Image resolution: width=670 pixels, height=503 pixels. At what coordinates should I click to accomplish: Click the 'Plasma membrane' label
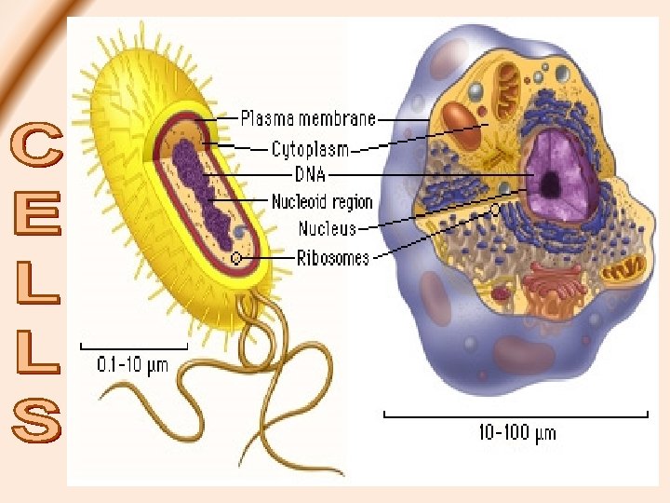308,118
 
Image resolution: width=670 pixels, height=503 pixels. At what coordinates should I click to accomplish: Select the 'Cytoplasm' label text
310,148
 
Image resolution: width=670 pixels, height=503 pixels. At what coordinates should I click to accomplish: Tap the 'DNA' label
312,174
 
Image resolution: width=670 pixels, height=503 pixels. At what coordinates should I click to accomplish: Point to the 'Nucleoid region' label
321,201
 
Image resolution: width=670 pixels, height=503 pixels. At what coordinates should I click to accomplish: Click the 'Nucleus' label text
326,228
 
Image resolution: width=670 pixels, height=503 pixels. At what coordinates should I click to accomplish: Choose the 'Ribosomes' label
332,257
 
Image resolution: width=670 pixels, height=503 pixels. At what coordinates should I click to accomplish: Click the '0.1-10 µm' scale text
133,364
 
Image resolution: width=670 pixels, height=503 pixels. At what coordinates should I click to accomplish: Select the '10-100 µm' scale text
516,432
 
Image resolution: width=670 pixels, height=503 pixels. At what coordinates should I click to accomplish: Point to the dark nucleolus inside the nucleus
551,184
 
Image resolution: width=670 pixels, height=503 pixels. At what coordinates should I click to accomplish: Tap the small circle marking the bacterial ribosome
236,257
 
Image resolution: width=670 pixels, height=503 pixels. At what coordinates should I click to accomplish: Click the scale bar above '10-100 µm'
516,413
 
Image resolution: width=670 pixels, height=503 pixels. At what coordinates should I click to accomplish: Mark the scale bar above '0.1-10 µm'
134,347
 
